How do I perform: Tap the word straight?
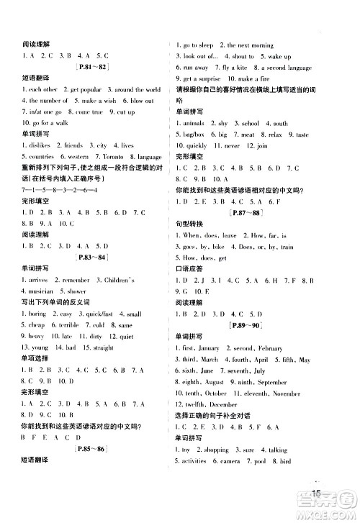pos(103,347)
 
